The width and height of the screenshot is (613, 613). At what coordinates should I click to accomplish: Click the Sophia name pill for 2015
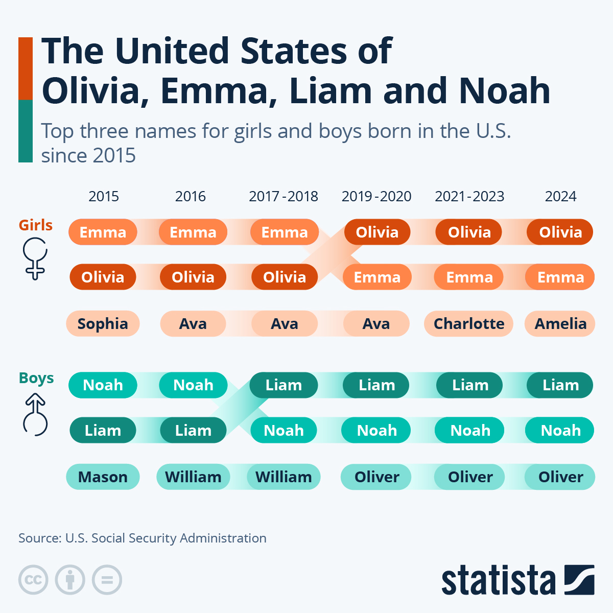103,323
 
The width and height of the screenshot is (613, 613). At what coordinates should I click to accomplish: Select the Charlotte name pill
468,323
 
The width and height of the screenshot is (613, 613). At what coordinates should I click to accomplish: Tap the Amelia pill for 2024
560,323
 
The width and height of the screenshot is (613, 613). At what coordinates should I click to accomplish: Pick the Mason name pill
103,477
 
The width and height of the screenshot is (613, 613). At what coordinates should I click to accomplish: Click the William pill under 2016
193,477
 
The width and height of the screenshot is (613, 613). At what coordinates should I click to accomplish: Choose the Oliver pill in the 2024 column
560,477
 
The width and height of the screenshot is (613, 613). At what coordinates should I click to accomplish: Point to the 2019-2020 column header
376,196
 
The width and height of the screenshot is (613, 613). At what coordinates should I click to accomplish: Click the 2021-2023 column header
469,196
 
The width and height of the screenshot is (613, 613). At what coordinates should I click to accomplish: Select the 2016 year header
190,196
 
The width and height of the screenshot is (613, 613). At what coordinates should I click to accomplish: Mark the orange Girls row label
36,225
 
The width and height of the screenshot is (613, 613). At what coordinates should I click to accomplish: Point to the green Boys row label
36,378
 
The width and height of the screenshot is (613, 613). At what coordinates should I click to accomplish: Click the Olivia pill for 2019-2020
376,232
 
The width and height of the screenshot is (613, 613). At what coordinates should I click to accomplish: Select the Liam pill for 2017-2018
284,385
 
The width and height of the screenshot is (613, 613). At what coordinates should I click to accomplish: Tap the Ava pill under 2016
193,323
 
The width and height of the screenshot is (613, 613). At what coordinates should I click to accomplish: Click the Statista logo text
498,580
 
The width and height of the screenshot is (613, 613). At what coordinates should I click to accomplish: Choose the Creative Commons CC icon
33,580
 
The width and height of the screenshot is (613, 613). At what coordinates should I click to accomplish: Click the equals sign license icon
107,580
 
